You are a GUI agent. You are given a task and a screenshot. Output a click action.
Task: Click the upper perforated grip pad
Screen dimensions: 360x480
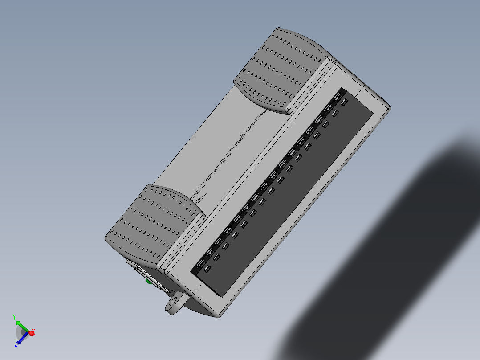point(283,69)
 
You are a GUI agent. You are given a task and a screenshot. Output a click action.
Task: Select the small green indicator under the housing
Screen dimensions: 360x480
point(149,281)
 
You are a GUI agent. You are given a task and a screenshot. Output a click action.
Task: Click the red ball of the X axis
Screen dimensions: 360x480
point(32,333)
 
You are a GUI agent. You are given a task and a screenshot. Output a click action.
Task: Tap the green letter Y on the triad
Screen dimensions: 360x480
point(14,316)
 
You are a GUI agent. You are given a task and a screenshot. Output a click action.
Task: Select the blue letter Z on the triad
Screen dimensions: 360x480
point(16,344)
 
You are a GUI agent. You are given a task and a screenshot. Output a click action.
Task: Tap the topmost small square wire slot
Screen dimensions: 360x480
point(344,102)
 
